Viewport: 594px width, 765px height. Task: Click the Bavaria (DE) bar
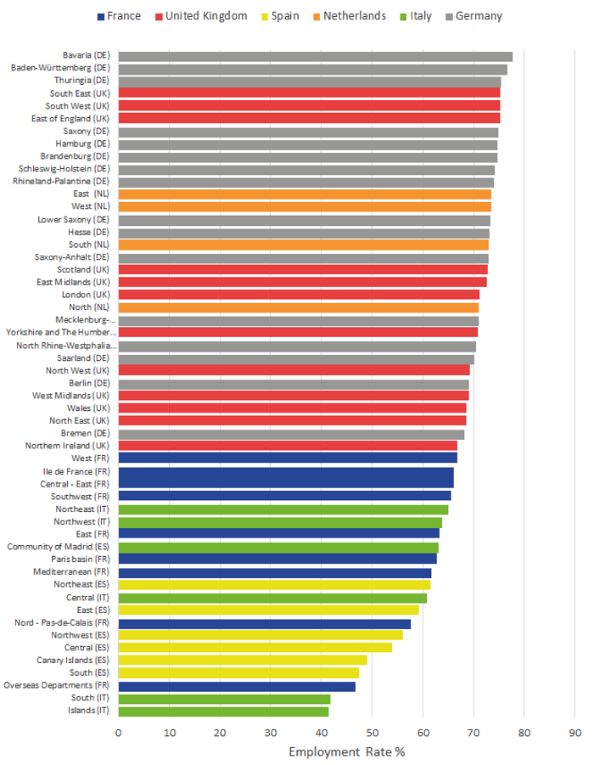(315, 57)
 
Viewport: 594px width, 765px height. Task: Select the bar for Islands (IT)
(223, 712)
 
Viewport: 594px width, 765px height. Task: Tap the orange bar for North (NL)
(299, 307)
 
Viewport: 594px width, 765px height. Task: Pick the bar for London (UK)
(299, 294)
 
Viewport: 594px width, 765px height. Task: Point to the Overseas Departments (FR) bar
(237, 686)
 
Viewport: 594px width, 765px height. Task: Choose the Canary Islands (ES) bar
(243, 660)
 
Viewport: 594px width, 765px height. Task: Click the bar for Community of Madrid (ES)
(278, 548)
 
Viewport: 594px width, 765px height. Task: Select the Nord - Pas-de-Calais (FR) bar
(264, 624)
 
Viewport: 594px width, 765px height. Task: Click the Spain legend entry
(280, 16)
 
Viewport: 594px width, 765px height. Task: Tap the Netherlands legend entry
(350, 16)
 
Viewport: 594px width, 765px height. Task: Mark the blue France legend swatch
(101, 17)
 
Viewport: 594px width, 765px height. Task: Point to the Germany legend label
(479, 16)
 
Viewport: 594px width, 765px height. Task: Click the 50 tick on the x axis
(373, 733)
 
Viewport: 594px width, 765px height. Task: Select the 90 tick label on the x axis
(575, 733)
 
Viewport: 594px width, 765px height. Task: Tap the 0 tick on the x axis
(119, 733)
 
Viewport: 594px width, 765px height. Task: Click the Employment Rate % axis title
(347, 751)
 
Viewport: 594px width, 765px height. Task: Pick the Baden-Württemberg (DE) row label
(60, 68)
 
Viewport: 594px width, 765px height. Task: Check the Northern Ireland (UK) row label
(67, 446)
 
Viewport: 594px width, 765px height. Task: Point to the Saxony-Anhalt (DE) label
(71, 257)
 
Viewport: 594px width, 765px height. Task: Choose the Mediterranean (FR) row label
(71, 571)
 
